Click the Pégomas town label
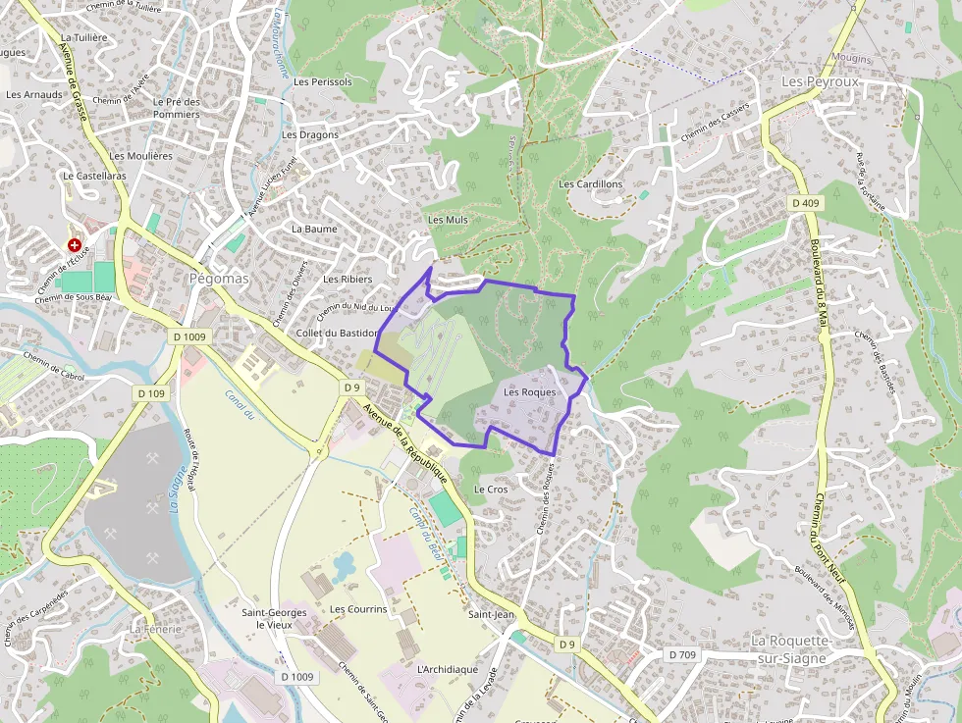(x=218, y=279)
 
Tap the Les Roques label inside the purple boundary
(x=529, y=392)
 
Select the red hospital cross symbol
(x=74, y=244)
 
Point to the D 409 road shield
(x=804, y=203)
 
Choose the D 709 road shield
(x=682, y=654)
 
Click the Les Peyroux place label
(x=820, y=81)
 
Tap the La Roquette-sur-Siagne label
(x=791, y=648)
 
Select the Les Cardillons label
(x=590, y=184)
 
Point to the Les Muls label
(x=448, y=220)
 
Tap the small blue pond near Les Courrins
(x=344, y=565)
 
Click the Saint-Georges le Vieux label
(x=274, y=618)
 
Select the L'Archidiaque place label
(x=447, y=669)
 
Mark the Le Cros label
(x=490, y=489)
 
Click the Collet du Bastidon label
(x=336, y=333)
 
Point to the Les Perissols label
(x=317, y=82)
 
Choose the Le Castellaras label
(x=94, y=176)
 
